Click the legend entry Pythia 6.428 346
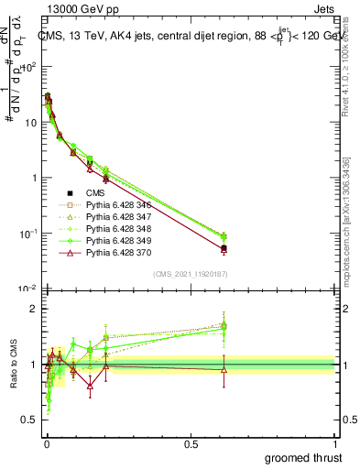click(114, 207)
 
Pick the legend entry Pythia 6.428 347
click(114, 221)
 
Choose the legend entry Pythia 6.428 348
click(114, 234)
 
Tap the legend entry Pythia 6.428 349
click(114, 248)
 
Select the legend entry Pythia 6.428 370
click(114, 262)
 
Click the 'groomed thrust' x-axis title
click(303, 456)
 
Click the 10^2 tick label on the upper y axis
click(28, 67)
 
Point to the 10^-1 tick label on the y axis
click(27, 233)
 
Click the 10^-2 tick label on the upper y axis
click(27, 289)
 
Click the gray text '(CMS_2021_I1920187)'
click(191, 274)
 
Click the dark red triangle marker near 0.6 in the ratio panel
click(224, 369)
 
